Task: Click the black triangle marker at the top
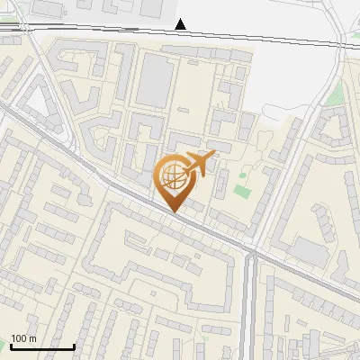182,24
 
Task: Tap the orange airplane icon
197,164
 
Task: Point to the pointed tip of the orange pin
175,212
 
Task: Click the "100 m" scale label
23,338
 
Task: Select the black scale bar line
42,346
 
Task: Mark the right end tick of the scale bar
74,345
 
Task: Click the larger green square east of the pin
240,191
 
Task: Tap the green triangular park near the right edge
336,94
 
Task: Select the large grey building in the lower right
310,254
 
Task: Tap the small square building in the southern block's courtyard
194,268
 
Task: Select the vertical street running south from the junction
252,306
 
